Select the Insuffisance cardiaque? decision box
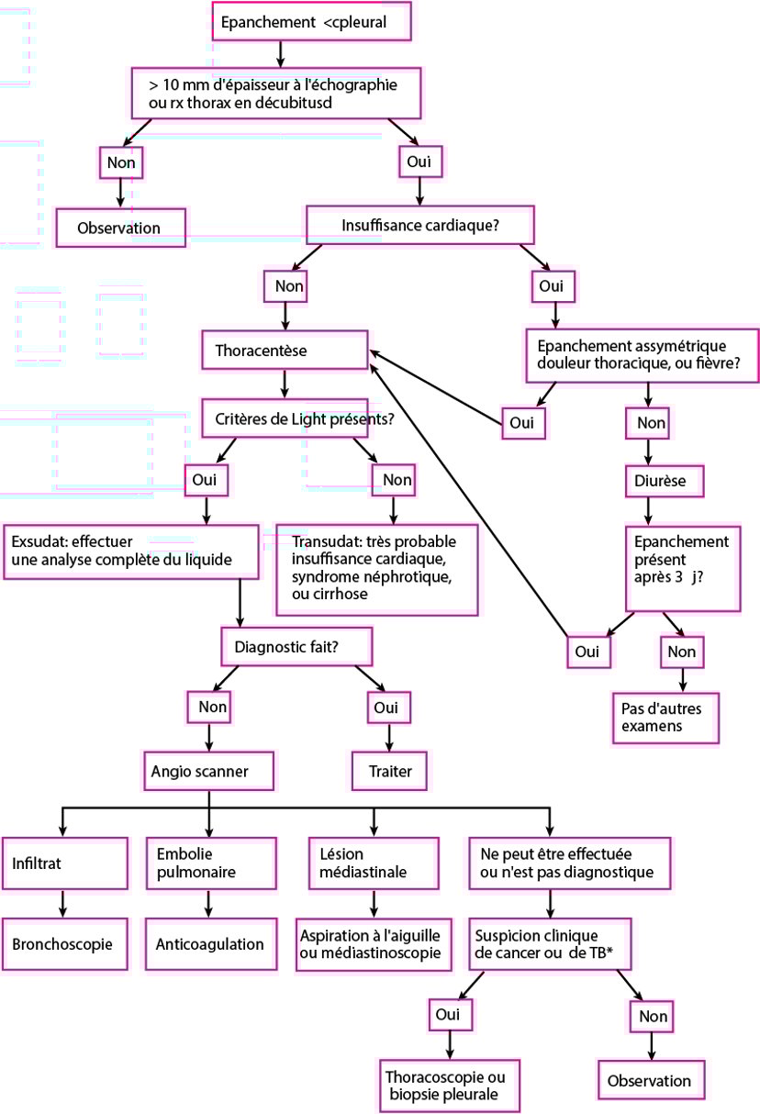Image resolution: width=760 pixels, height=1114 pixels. (x=419, y=225)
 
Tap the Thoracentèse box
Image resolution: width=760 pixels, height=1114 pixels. (x=285, y=351)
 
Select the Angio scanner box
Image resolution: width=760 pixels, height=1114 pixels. (x=209, y=772)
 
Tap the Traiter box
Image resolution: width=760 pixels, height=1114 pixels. (x=389, y=772)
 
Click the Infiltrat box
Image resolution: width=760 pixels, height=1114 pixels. (x=62, y=863)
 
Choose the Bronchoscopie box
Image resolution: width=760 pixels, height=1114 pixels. (x=62, y=943)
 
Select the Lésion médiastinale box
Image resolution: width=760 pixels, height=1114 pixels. (x=374, y=863)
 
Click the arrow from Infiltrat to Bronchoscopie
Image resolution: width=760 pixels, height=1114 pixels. (x=62, y=905)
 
